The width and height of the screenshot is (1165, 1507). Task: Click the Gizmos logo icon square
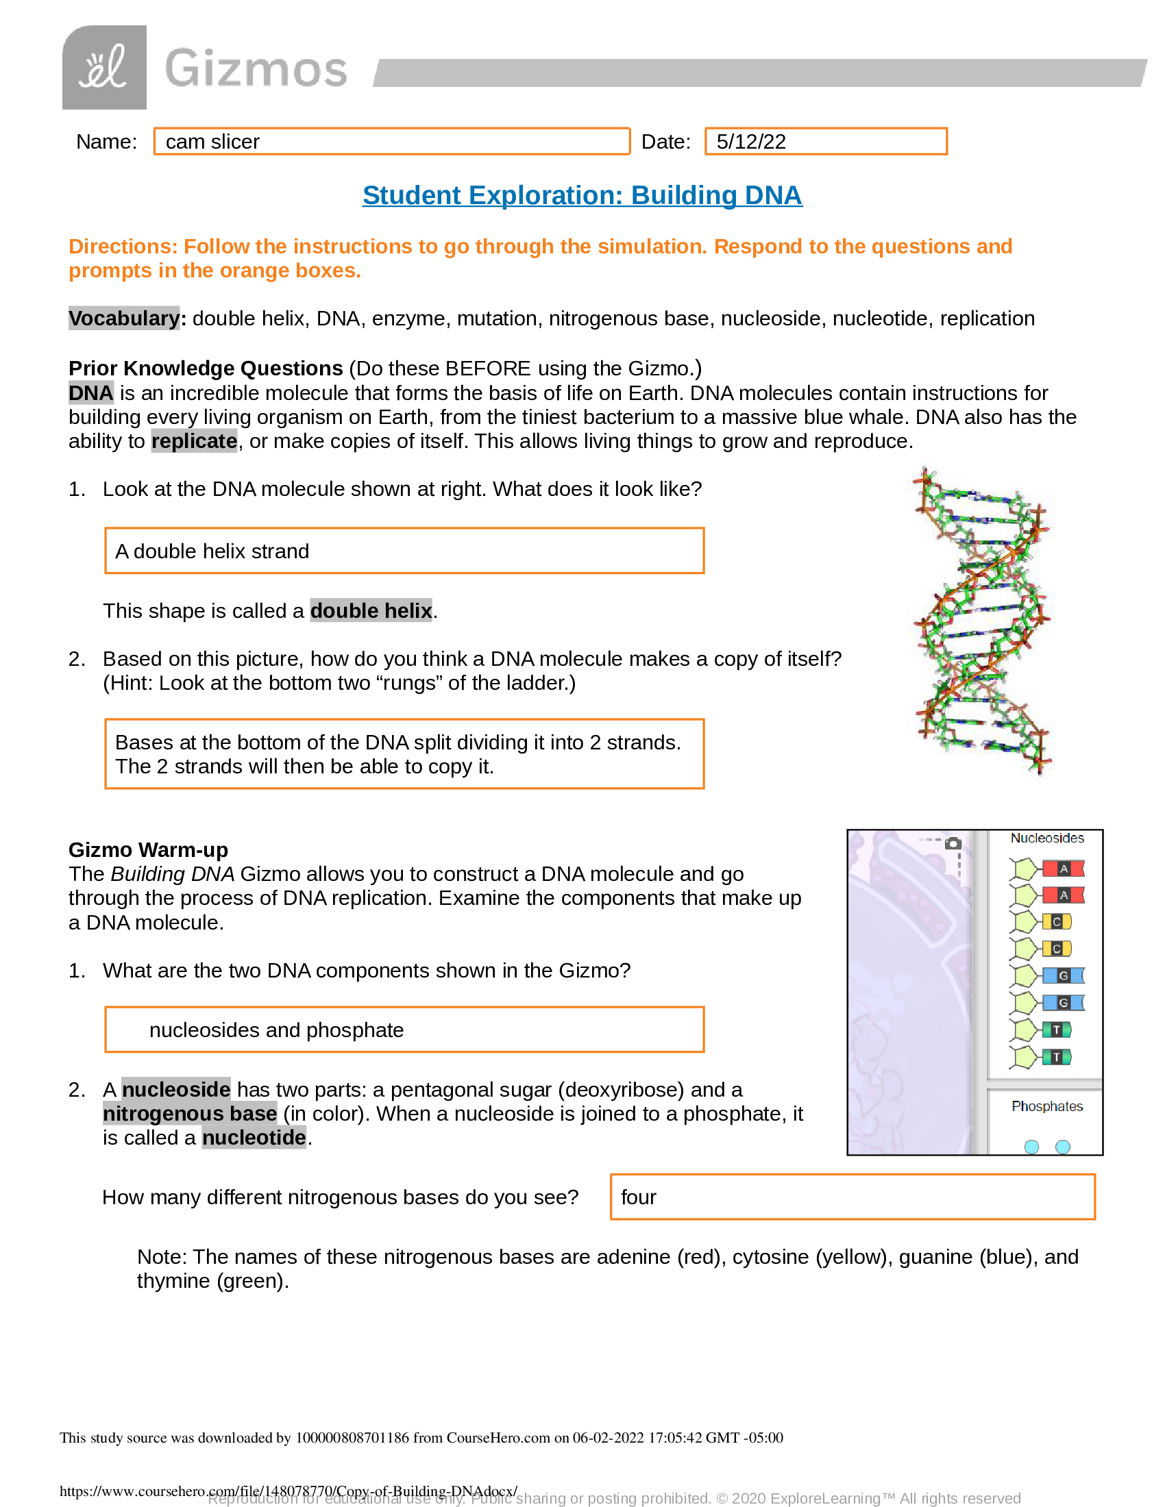pos(104,67)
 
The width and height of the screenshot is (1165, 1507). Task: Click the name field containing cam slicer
pos(391,142)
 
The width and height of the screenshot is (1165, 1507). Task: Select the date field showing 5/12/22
pos(826,142)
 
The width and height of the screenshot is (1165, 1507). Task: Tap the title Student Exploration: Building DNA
pos(582,195)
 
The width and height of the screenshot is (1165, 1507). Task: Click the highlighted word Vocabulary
pos(124,318)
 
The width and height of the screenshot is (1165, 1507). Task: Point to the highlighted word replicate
pos(194,441)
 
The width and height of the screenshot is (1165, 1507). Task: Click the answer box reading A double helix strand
pos(404,551)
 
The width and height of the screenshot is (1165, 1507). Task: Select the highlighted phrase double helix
pos(371,610)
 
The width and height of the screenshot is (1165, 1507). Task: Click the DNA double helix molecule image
pos(981,621)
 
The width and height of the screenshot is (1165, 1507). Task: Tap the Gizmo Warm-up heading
pos(148,849)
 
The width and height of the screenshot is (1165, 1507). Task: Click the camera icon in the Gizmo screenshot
pos(953,843)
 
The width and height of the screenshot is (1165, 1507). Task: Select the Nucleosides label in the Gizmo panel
pos(1046,838)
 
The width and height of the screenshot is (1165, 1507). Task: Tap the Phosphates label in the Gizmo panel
pos(1046,1106)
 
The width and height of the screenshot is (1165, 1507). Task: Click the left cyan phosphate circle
pos(1031,1147)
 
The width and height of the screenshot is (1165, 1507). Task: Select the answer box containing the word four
pos(852,1197)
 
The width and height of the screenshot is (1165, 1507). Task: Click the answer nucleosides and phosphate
pos(276,1030)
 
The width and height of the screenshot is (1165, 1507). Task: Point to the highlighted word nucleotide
pos(254,1137)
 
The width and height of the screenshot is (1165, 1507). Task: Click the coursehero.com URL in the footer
pos(288,1491)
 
